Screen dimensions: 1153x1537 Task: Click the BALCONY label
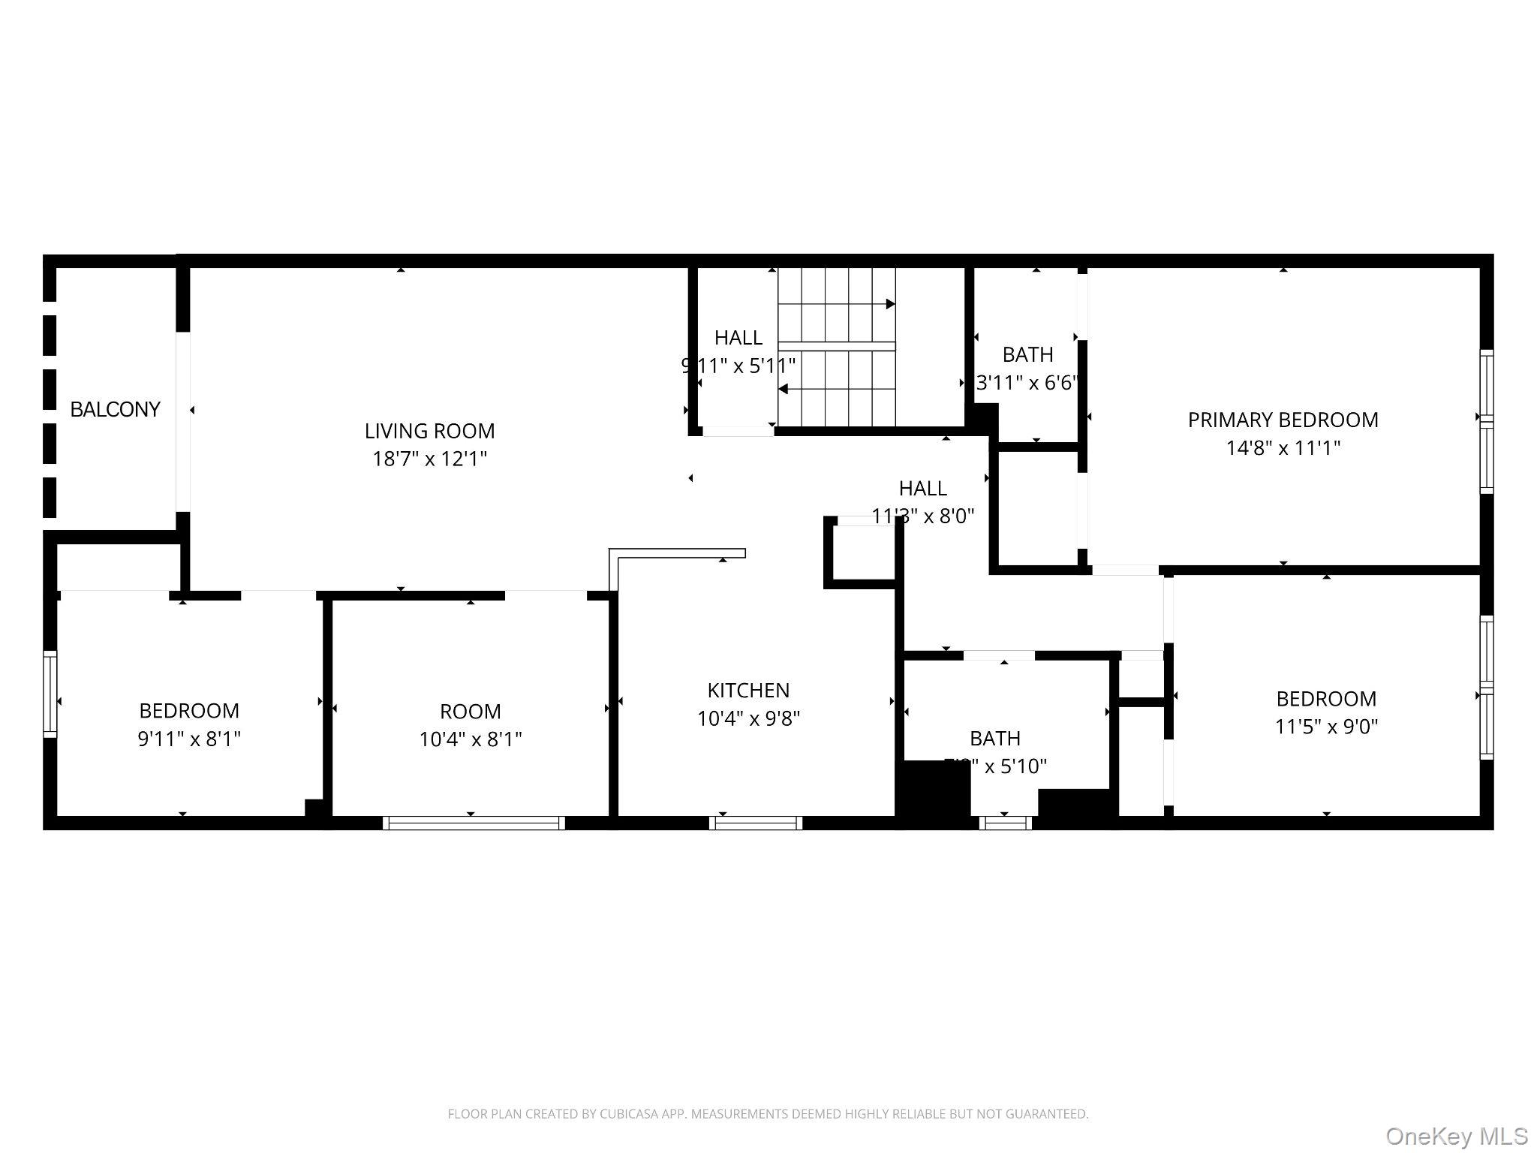(x=115, y=410)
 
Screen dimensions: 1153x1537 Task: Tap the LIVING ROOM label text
(x=429, y=431)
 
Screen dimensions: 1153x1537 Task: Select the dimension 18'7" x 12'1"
(x=429, y=459)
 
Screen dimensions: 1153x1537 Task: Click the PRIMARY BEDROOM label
(x=1283, y=420)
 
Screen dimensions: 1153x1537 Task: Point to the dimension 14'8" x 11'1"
(x=1283, y=448)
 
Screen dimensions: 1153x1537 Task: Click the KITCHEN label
(x=748, y=691)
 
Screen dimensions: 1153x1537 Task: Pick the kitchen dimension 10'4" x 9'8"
(x=748, y=719)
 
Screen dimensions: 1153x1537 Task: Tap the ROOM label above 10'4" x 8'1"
(x=470, y=712)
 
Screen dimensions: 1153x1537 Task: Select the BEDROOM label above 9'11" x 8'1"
(x=189, y=711)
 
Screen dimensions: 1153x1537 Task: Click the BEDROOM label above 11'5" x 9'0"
(x=1326, y=699)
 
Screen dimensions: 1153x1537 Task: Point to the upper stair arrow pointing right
(x=890, y=304)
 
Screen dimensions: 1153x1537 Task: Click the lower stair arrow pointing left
(x=784, y=389)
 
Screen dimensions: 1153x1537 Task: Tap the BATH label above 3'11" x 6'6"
(x=1027, y=354)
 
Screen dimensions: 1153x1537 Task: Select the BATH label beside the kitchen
(x=994, y=739)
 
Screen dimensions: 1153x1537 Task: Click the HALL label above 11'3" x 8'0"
(x=922, y=489)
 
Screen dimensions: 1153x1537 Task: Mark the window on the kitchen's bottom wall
(x=756, y=823)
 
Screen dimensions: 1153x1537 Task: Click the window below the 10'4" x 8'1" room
(x=474, y=823)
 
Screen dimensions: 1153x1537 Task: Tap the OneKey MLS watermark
(x=1456, y=1136)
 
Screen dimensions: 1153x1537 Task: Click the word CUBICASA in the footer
(x=629, y=1114)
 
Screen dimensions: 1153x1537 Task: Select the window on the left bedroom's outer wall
(x=50, y=694)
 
